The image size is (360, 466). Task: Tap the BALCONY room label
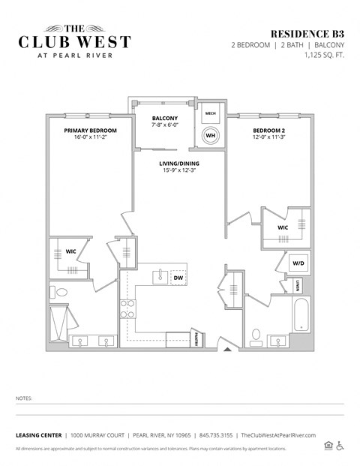click(x=165, y=119)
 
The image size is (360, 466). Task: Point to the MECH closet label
click(x=211, y=113)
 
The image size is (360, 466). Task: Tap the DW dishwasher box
click(x=178, y=278)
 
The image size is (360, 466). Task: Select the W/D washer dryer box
click(x=298, y=263)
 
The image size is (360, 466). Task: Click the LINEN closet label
click(x=298, y=286)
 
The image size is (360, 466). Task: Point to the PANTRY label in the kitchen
click(x=197, y=339)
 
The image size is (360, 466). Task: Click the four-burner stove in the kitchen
click(x=128, y=309)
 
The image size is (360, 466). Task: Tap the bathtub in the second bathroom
click(x=300, y=316)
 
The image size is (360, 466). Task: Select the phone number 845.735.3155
click(x=216, y=434)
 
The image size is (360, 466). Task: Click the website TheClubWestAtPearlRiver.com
click(x=279, y=434)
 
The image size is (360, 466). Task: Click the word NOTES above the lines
click(x=24, y=398)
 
